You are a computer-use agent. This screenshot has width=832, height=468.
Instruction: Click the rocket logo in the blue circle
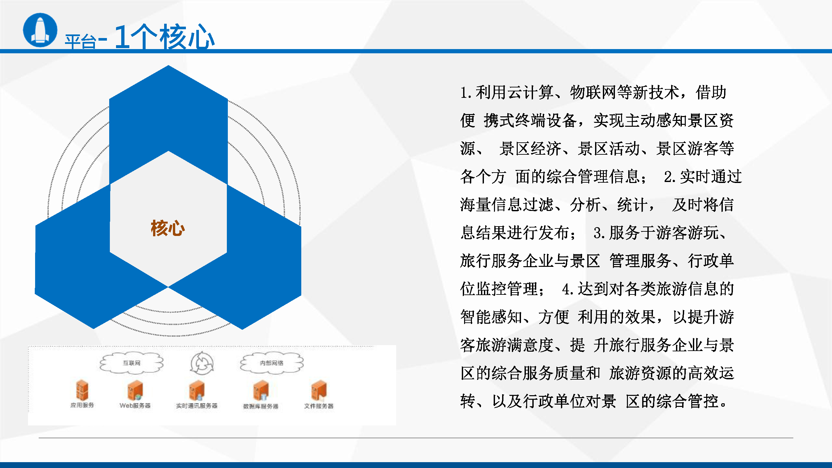point(40,30)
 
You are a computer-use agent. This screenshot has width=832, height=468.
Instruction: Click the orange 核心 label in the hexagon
point(168,228)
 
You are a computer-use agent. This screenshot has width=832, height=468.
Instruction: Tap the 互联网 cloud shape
point(132,363)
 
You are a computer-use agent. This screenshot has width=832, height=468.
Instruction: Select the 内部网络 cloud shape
point(272,363)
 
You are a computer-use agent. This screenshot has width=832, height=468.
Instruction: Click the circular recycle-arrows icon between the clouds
point(202,363)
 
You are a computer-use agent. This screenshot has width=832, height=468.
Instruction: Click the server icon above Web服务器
point(135,390)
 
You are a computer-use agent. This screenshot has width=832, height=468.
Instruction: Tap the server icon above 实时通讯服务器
point(197,390)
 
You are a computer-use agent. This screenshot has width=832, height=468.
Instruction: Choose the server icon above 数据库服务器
point(261,390)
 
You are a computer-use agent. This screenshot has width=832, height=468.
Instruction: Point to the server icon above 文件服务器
point(318,390)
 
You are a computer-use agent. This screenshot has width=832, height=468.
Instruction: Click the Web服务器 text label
point(135,406)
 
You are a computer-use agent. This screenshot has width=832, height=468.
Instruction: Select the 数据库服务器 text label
point(261,406)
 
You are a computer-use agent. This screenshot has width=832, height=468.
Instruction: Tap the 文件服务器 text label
point(318,406)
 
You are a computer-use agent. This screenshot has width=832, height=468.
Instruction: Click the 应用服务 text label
point(82,405)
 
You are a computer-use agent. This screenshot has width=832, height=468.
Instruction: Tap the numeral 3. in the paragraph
point(599,233)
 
